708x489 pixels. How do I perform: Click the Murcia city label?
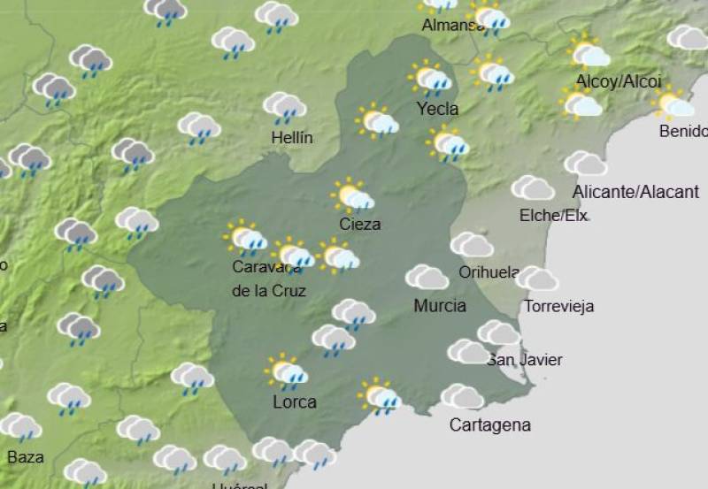coord(440,306)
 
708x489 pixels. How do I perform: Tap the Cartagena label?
coord(490,424)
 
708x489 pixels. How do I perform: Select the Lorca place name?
coord(295,402)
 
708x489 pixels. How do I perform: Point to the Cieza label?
coord(360,224)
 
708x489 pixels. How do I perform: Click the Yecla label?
coord(437,109)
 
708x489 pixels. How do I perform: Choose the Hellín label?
coord(292,137)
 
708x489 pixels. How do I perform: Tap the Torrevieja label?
coord(558,307)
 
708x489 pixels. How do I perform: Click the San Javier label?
coord(525,359)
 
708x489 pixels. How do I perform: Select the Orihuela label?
coord(489,272)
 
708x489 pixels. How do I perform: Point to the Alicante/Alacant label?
coord(635,192)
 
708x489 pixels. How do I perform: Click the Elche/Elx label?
coord(554,215)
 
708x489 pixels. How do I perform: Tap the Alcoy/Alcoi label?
coord(619,81)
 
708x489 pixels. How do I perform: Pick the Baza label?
coord(25,457)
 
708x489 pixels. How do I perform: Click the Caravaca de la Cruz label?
coord(269,278)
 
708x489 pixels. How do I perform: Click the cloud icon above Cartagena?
coord(462,396)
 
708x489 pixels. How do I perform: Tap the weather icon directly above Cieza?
coord(352,196)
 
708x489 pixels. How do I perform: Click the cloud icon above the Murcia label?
coord(427,278)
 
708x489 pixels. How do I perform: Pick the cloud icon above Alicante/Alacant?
coord(585,164)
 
